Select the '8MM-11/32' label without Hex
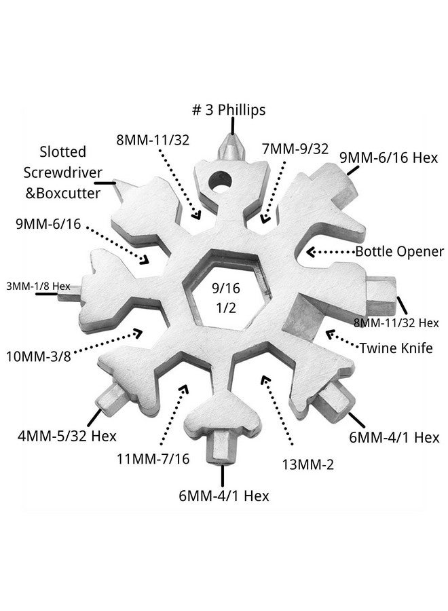(x=153, y=141)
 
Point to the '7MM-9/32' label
(x=294, y=148)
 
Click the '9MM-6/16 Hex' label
(x=389, y=158)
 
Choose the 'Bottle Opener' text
(x=400, y=251)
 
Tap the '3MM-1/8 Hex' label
(x=39, y=286)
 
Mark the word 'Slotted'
(x=62, y=152)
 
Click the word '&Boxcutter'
(x=62, y=192)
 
